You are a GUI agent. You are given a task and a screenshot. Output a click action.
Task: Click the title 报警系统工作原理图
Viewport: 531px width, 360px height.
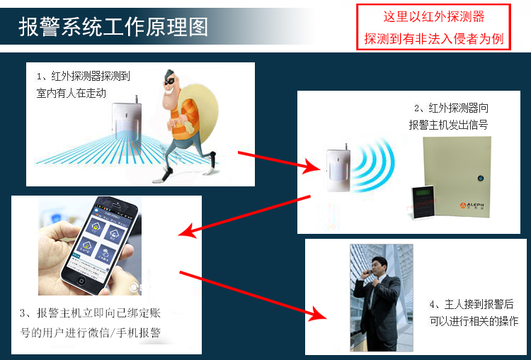[x=113, y=27]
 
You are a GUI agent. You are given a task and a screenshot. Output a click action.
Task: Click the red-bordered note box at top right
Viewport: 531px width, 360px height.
[x=433, y=27]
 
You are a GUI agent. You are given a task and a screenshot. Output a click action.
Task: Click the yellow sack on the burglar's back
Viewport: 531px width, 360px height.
[x=202, y=108]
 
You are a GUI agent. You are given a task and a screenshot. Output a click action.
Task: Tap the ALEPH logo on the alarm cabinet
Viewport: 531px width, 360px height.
[x=472, y=205]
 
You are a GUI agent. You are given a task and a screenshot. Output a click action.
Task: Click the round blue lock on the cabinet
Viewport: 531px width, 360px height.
[x=480, y=178]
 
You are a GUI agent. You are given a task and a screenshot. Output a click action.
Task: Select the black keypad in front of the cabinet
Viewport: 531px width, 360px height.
[x=423, y=203]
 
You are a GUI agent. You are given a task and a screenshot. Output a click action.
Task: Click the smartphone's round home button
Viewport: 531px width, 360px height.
[x=81, y=281]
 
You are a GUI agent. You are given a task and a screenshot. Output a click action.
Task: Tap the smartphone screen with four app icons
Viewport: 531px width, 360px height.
[x=100, y=240]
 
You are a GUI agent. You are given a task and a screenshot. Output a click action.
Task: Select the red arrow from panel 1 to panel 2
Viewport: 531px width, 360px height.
[x=279, y=162]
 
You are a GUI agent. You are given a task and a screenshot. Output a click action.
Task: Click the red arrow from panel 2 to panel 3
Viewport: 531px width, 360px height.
[x=244, y=215]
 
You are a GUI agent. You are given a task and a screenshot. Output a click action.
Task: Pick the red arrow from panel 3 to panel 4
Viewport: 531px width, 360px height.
[x=253, y=295]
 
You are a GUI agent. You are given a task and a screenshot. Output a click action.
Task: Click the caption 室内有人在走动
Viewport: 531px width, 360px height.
[x=71, y=93]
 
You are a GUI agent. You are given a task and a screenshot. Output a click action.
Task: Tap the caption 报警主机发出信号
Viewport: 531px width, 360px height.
[x=448, y=125]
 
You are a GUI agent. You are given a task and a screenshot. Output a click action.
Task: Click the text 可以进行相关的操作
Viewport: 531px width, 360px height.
[x=474, y=321]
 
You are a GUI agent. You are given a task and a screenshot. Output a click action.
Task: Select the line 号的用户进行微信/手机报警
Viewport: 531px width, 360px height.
[x=90, y=332]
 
